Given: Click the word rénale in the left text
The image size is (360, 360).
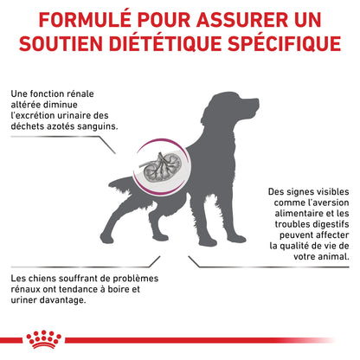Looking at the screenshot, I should coord(80,93).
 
